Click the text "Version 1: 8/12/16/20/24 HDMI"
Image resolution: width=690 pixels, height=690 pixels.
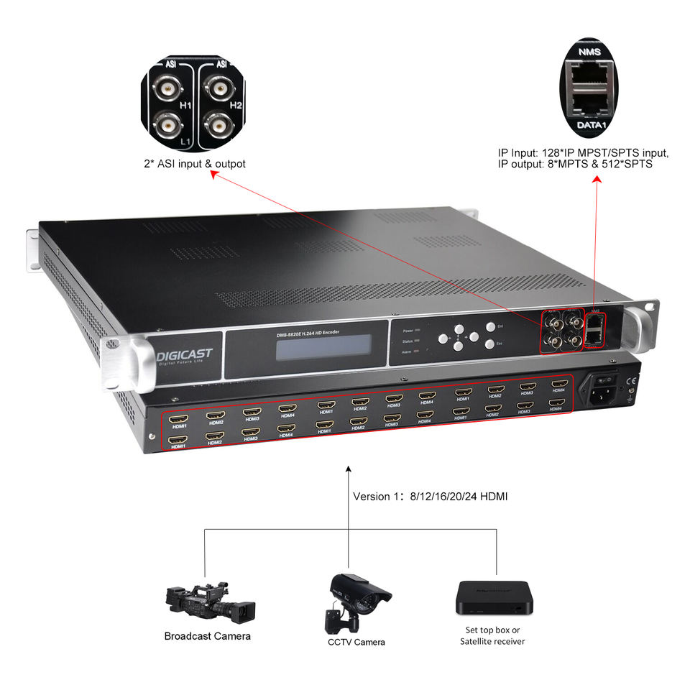(x=431, y=497)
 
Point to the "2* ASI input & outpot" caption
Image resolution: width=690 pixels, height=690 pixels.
(x=194, y=164)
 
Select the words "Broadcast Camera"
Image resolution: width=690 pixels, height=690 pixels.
(x=208, y=636)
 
